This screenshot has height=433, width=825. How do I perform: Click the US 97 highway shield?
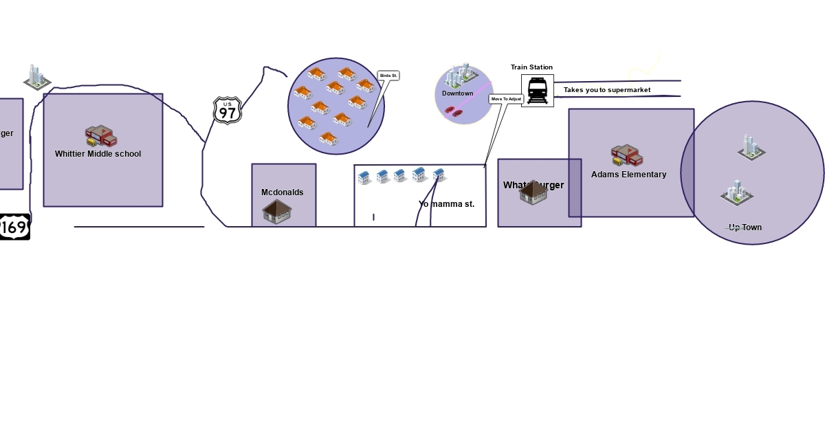(227, 110)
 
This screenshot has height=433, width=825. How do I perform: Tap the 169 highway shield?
(14, 226)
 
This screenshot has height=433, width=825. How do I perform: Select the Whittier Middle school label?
(98, 154)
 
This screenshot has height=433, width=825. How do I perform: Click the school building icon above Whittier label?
(101, 135)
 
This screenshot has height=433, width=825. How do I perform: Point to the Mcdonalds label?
(282, 192)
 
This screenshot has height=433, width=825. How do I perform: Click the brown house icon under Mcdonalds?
(277, 212)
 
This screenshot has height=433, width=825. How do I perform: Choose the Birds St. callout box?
(388, 76)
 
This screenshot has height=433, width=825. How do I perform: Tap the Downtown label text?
(457, 93)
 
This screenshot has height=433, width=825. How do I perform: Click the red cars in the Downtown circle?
(454, 111)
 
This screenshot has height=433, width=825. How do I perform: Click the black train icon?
(537, 91)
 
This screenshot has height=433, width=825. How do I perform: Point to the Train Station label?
(531, 67)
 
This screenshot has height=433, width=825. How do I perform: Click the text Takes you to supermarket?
(607, 90)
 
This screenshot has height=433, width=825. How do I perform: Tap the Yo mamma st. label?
(446, 204)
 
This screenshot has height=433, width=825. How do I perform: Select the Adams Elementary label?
(628, 175)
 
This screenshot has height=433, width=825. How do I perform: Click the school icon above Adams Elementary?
(626, 156)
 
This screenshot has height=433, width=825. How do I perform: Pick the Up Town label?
(745, 227)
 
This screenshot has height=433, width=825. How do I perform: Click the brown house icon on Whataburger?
(533, 192)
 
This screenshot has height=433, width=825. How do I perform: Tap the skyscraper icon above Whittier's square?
(36, 77)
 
